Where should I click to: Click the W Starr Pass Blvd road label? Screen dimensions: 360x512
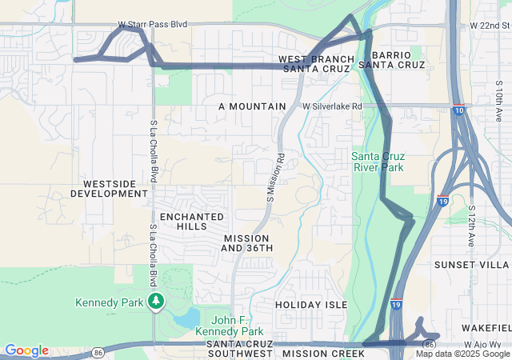point(153,25)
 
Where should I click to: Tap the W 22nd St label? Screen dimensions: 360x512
point(490,26)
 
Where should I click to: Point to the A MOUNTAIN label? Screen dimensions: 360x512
point(252,106)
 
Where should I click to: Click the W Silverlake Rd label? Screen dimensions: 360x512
point(332,106)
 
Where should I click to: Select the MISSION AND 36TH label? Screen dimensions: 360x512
point(247,243)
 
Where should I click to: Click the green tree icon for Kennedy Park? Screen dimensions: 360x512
point(157,302)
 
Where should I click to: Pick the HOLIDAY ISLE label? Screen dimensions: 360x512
point(311,305)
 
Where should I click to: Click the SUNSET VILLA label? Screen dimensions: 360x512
point(482,264)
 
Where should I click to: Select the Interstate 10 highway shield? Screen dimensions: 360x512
point(458,111)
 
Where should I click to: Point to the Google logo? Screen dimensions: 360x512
point(26,350)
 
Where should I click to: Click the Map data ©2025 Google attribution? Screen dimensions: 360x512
point(462,354)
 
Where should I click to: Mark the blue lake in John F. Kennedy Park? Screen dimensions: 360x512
point(186,318)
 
